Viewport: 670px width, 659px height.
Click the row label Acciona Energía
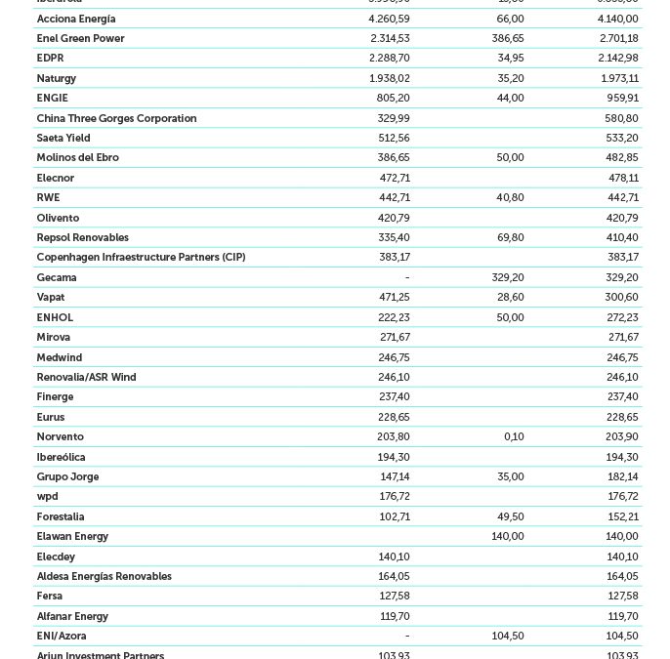click(x=76, y=19)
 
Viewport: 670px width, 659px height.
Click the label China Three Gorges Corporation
click(x=116, y=118)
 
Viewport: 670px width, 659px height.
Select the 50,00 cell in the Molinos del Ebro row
click(x=509, y=157)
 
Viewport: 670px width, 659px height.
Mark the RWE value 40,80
click(x=509, y=197)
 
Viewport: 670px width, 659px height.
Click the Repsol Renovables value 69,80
click(x=509, y=237)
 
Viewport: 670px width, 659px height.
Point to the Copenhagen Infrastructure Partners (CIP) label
click(x=141, y=257)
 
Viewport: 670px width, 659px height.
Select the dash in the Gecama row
click(x=406, y=277)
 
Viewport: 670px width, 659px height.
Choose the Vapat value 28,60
click(x=509, y=297)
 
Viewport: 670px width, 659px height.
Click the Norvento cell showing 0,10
click(x=514, y=436)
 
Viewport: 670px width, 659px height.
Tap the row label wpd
click(x=47, y=496)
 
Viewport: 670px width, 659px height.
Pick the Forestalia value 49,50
click(x=509, y=516)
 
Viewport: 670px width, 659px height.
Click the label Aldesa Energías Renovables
click(x=104, y=576)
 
